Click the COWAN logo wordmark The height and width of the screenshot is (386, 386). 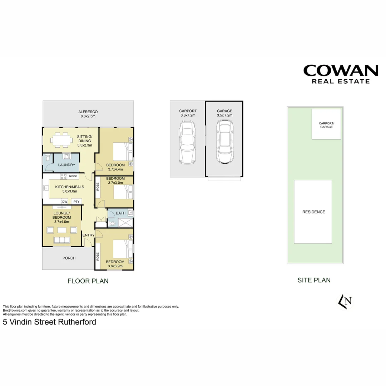[341, 70]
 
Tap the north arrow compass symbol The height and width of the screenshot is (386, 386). [345, 301]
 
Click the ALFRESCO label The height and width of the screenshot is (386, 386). [88, 112]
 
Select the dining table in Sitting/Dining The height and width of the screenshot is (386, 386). [60, 139]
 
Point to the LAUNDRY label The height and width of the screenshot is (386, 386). [67, 165]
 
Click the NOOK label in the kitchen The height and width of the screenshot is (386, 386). [73, 176]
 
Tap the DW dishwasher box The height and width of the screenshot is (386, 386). [65, 202]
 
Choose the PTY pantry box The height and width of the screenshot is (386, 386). [76, 202]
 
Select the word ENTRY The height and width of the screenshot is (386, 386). [88, 235]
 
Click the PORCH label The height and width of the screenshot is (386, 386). [69, 258]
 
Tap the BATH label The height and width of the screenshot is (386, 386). [120, 213]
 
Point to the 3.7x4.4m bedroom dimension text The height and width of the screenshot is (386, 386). [115, 169]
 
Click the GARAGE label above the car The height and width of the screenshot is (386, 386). [224, 111]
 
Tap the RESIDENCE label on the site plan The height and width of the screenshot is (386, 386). [314, 212]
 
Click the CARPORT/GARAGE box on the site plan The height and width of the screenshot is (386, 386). [326, 124]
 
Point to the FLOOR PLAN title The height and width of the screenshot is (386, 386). [88, 281]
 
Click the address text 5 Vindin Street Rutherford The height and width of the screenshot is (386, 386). [50, 322]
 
